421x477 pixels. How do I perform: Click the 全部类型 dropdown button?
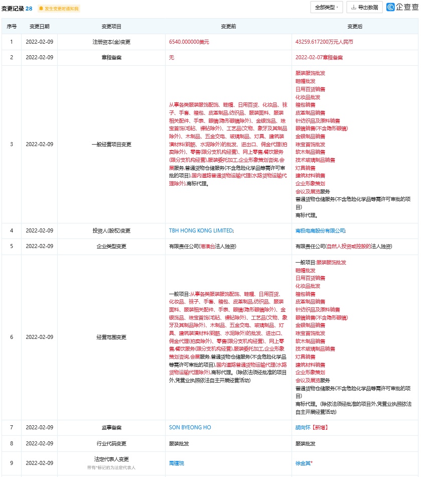pos(327,8)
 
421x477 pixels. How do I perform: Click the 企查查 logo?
pos(401,8)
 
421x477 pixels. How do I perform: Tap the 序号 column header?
pos(11,27)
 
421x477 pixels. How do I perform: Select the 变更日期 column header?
pos(39,27)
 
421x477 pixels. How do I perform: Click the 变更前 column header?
pos(228,27)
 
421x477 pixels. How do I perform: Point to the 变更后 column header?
pos(355,27)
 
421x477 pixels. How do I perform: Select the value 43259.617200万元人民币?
pos(324,42)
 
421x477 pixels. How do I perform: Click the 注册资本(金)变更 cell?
pos(111,42)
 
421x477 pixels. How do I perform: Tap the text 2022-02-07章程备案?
pos(319,58)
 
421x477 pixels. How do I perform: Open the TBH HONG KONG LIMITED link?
pos(201,230)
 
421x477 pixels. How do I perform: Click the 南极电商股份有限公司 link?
pos(320,230)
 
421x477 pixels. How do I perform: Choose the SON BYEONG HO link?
pos(190,428)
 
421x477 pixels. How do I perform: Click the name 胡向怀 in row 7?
pos(303,428)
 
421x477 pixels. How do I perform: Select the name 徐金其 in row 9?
pos(303,463)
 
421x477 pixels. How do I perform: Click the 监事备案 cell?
pos(111,428)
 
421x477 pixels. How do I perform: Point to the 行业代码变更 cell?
pos(111,444)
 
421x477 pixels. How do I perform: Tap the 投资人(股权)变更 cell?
pos(111,230)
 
